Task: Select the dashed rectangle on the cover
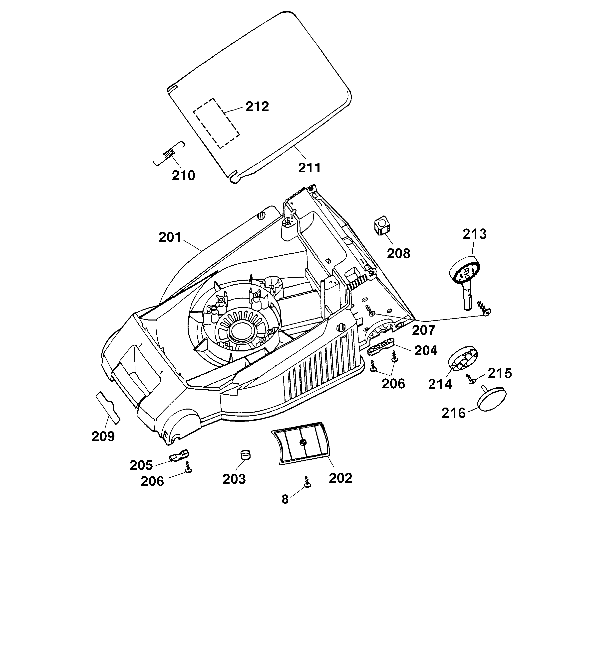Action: coord(216,123)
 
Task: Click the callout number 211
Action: coord(309,168)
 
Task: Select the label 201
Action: coord(170,237)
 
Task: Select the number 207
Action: coord(423,330)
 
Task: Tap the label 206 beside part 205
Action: coord(152,481)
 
